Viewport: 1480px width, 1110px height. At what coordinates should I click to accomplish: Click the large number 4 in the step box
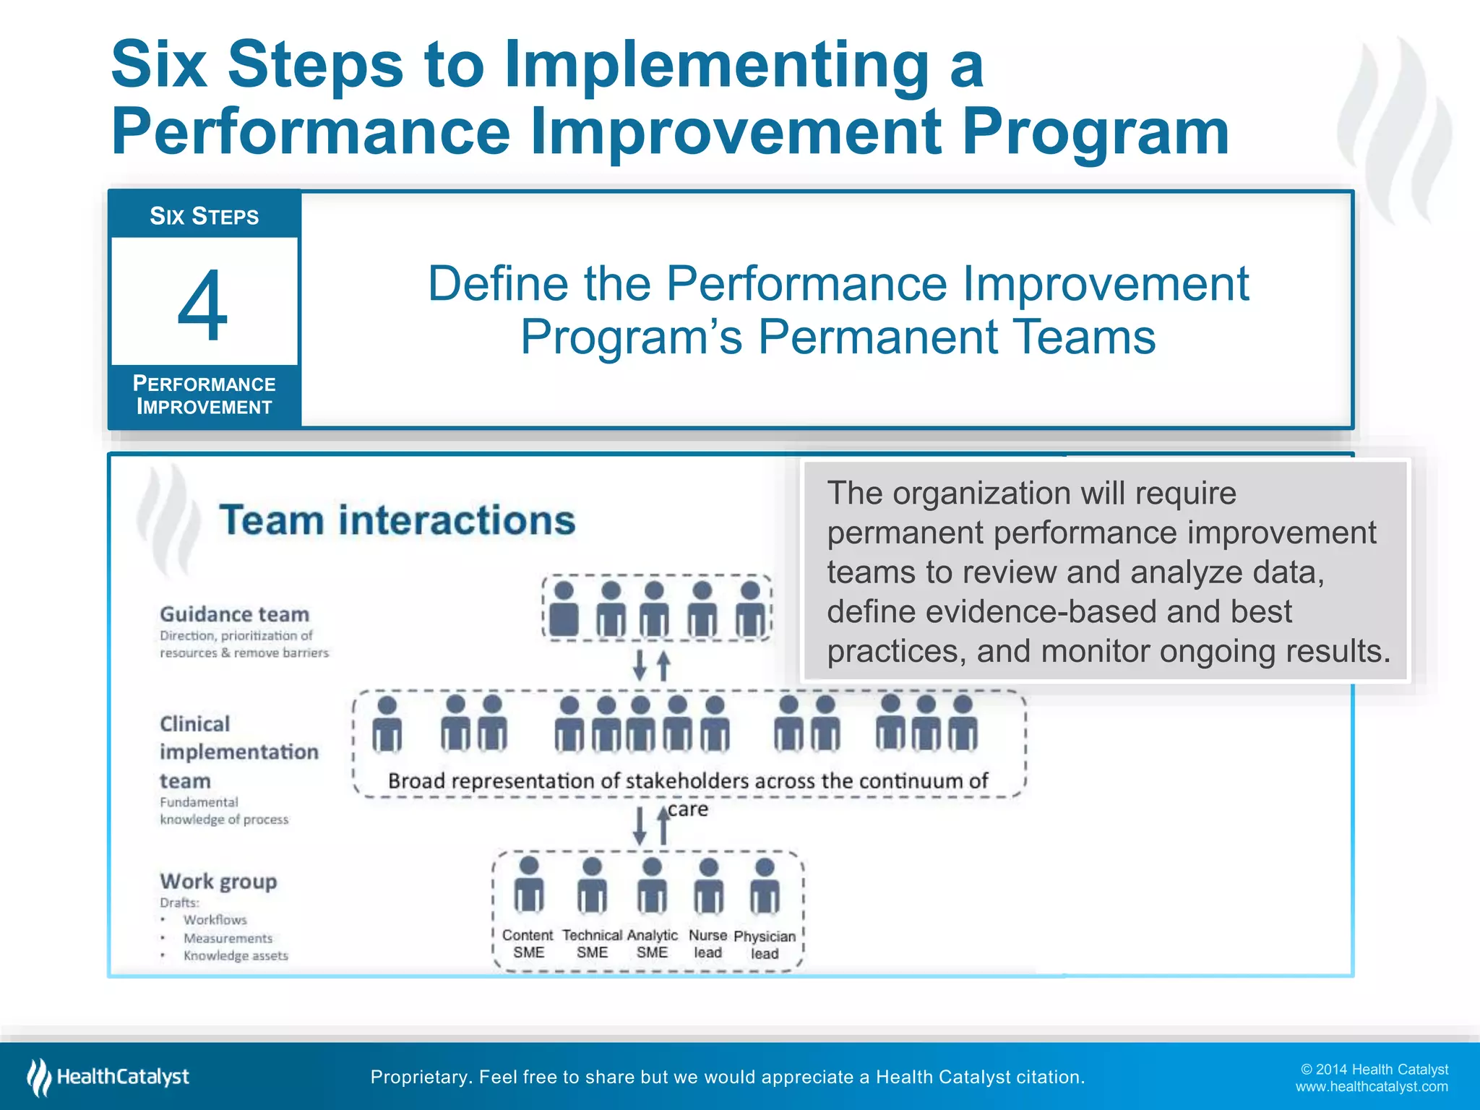pos(203,306)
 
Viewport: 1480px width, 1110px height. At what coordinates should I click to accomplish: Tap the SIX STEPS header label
pos(204,216)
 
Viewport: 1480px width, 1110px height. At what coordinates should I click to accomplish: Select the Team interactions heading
pos(397,520)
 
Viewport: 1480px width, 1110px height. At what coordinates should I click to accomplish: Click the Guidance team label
pos(234,614)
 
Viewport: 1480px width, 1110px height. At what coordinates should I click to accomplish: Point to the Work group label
pos(218,882)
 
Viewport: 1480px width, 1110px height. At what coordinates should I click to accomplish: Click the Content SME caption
pos(528,944)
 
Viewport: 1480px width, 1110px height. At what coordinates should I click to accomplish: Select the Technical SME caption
pos(592,944)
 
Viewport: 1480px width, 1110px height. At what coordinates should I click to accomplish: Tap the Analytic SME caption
pos(652,944)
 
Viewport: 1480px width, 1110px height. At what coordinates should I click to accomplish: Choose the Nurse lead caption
pos(707,944)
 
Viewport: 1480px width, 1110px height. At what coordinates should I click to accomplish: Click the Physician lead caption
pos(765,945)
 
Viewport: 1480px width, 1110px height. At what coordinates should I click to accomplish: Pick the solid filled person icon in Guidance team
pos(564,611)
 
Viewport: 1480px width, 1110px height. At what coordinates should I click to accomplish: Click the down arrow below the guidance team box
pos(640,666)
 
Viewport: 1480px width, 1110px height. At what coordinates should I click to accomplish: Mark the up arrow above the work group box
pos(663,826)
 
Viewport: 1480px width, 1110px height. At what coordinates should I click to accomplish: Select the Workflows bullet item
pos(215,920)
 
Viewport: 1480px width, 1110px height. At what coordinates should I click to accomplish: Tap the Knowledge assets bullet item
pos(236,956)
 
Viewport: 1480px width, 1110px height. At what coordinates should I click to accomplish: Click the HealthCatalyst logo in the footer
pos(108,1077)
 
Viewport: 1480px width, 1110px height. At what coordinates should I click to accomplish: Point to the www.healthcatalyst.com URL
pos(1371,1087)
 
